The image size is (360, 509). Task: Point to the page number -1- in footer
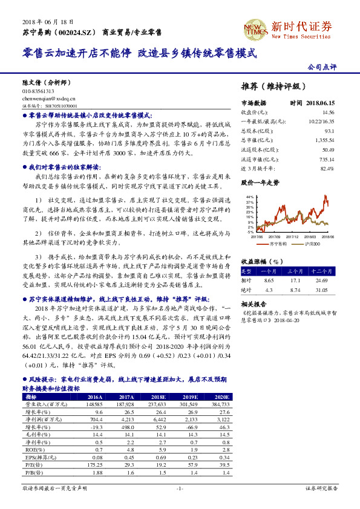tap(180, 488)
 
